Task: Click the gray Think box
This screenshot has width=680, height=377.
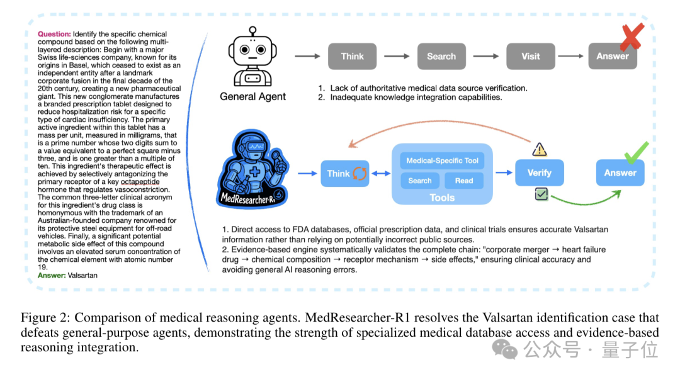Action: coord(352,56)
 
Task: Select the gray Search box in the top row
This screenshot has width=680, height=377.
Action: coord(441,56)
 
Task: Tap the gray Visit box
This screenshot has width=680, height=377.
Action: coord(530,56)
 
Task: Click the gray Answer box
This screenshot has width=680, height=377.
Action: coord(612,56)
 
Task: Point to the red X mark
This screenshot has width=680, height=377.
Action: coord(630,37)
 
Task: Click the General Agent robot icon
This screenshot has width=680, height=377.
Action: coord(252,58)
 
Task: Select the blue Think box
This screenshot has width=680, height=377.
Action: coord(344,173)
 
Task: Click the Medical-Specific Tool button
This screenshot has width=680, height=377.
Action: coord(442,160)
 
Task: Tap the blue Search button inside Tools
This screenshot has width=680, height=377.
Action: coord(420,181)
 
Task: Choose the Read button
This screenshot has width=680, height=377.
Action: coord(464,181)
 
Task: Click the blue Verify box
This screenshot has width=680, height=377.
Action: coord(539,172)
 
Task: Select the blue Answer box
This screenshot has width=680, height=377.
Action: coord(620,172)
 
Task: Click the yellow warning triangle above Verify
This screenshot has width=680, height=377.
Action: coord(540,149)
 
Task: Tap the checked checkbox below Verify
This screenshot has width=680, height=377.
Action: coord(541,195)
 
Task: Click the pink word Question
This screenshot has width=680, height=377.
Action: coord(54,33)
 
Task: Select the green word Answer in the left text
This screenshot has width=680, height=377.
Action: coord(52,275)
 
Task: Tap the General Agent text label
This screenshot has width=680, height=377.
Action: coord(252,96)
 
